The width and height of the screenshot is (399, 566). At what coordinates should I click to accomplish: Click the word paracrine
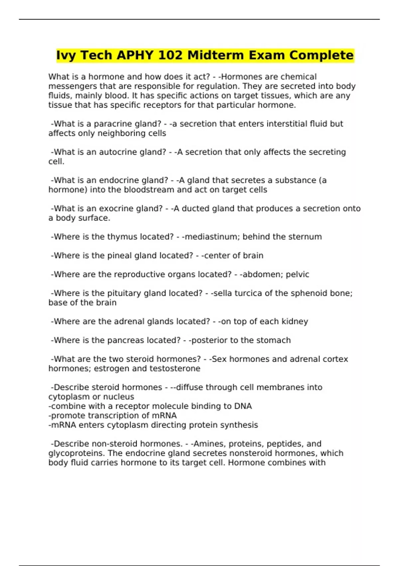tap(113, 124)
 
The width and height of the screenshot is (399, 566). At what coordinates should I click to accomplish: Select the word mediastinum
tap(212, 237)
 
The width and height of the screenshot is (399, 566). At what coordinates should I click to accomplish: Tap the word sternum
tap(305, 237)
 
